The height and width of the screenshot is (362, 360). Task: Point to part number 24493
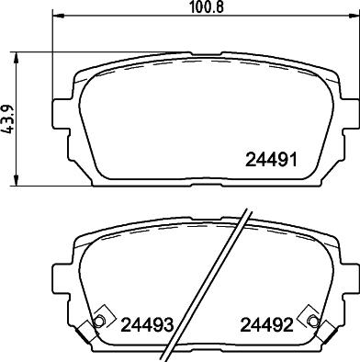[x=148, y=323]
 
